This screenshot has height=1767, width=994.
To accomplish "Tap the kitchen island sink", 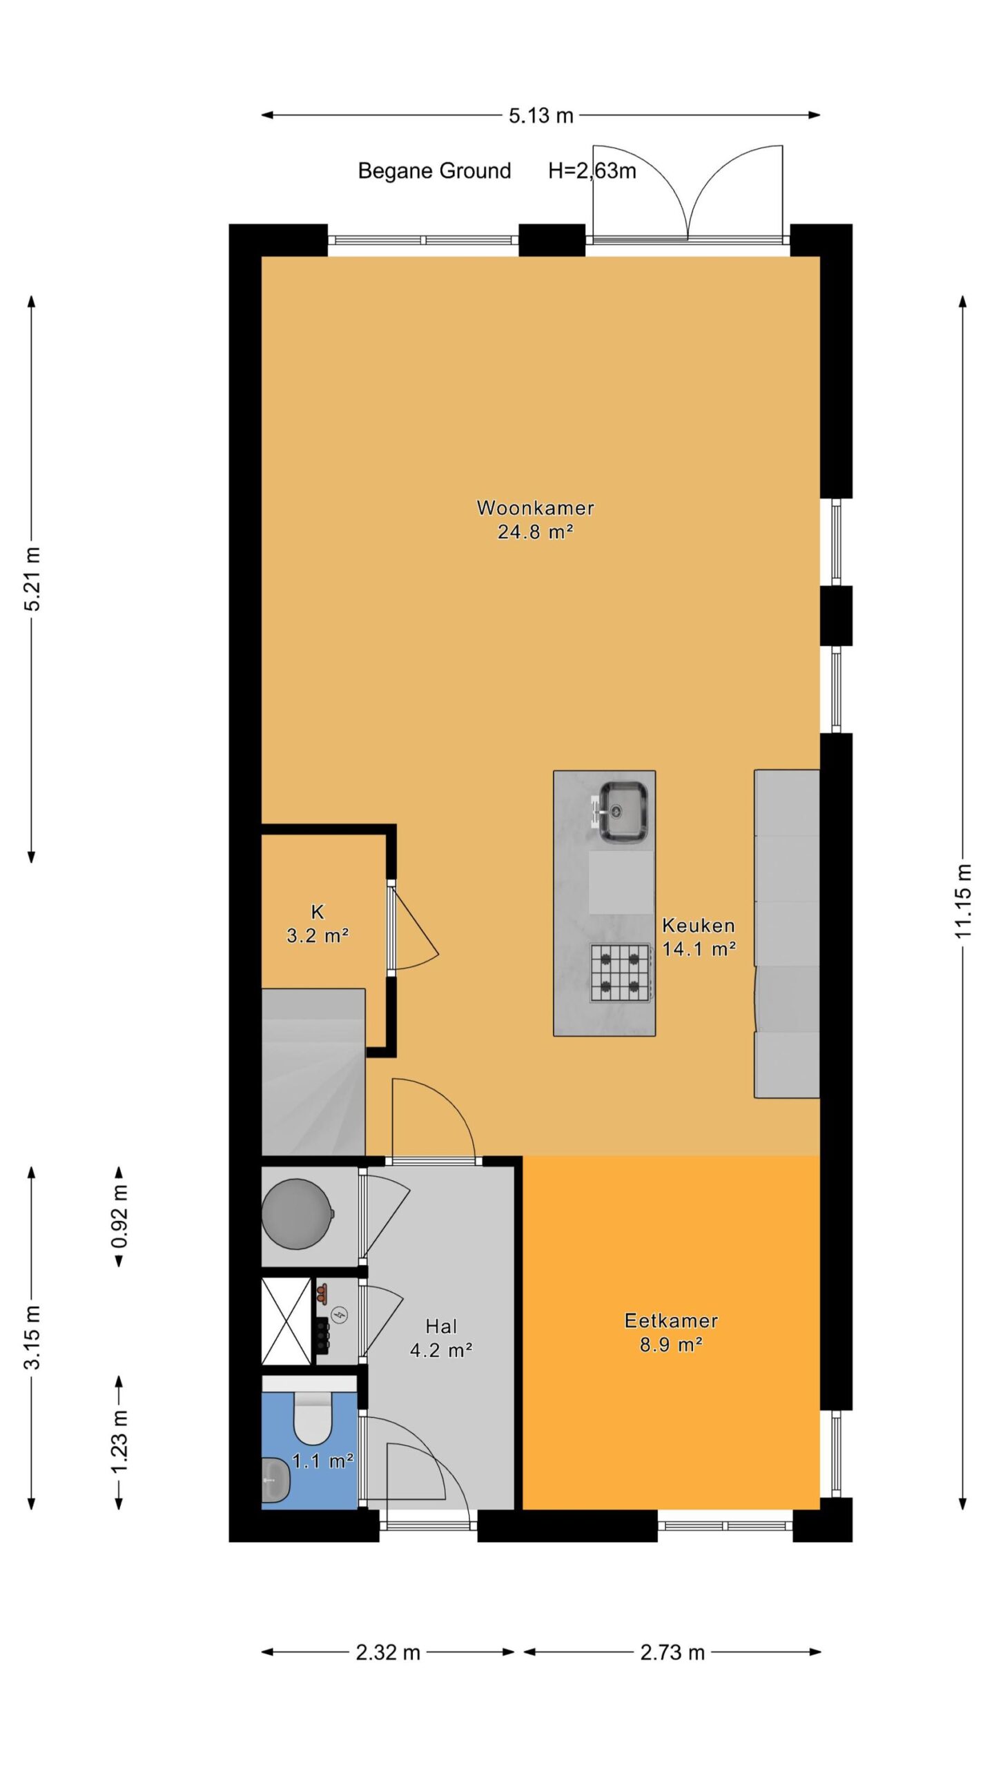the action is pos(623,812).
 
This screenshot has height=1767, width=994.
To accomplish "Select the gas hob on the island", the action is pos(620,973).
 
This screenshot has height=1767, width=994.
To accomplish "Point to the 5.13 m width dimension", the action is pos(541,115).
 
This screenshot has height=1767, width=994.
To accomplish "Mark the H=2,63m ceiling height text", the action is pos(592,170).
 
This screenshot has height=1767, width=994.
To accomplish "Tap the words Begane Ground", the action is pos(434,170).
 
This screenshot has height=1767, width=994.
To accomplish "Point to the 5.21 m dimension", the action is pos(32,578).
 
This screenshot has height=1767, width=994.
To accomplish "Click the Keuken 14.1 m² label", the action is pos(699,937).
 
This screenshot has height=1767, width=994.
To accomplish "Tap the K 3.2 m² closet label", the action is pos(318,924).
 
